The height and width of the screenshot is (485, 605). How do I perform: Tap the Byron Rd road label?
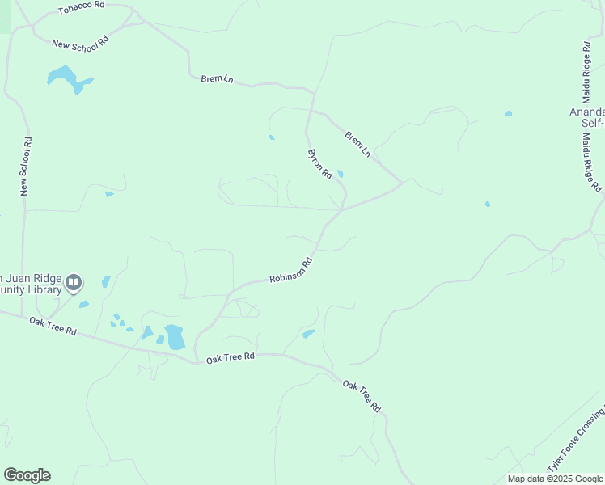320,163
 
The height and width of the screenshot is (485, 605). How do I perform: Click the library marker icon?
74,282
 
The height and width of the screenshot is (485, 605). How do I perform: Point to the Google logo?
27,475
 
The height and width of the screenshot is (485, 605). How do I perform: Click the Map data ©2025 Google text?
556,479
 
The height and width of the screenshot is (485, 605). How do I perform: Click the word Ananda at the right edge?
587,112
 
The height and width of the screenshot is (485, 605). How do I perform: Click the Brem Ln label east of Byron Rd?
357,143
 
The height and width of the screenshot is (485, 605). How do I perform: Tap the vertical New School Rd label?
26,166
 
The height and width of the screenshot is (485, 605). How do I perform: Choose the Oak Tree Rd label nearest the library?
53,325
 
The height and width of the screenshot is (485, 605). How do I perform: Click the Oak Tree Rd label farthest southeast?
361,396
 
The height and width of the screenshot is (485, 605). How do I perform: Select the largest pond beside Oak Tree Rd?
175,336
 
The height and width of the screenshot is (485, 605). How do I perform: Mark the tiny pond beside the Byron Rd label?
341,174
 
